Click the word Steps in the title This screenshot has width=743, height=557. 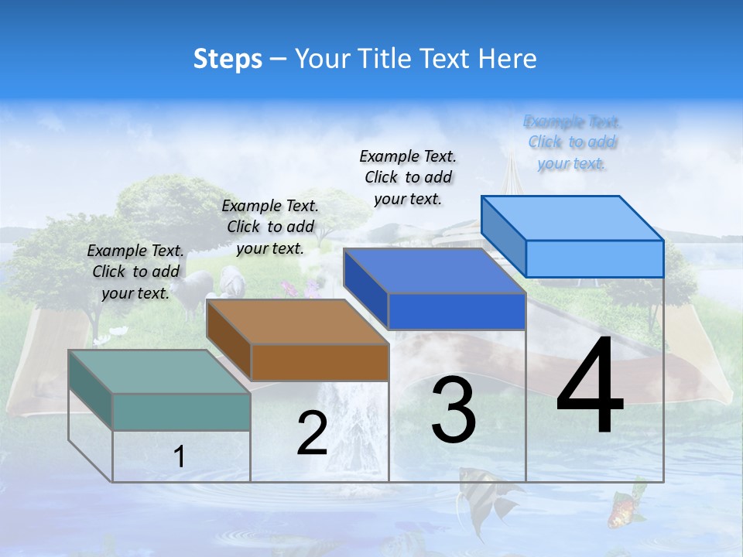tap(228, 59)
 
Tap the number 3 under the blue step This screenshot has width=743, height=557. tap(454, 410)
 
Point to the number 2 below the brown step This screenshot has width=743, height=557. tap(312, 433)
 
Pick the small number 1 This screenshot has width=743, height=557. tap(179, 456)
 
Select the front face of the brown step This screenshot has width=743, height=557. tap(320, 362)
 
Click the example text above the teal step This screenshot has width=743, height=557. tap(135, 272)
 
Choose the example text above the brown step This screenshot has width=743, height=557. tap(270, 227)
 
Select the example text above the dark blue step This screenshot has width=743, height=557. tap(408, 177)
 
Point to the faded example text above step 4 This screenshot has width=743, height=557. tap(572, 142)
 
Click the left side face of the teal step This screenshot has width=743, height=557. tap(91, 391)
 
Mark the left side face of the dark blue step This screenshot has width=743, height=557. tap(365, 288)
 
